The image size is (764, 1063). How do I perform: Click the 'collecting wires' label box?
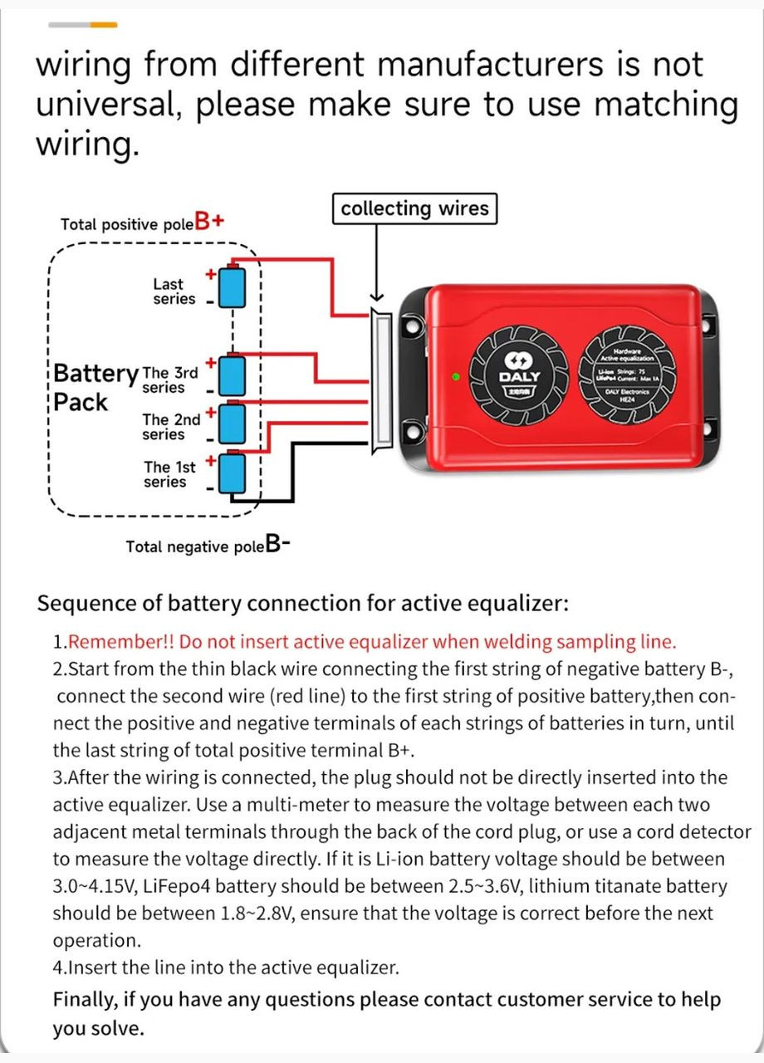point(414,208)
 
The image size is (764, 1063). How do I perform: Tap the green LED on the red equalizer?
point(456,377)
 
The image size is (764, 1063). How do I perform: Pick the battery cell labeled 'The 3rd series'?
point(234,376)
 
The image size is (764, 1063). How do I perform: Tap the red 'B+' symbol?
point(209,223)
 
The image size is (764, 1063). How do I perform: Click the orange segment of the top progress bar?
point(103,25)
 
